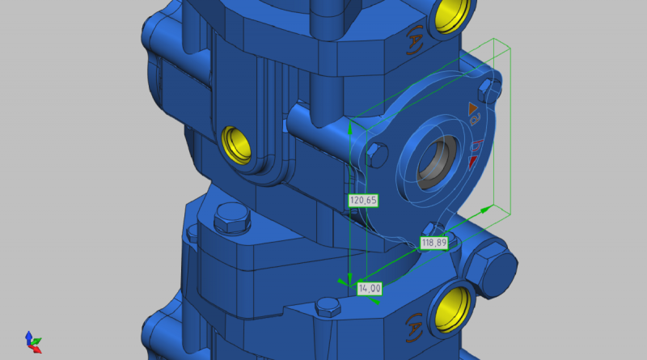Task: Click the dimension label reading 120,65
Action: coord(363,201)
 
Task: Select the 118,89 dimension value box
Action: coord(433,243)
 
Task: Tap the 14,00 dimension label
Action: coord(370,289)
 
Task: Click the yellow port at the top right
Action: coord(452,15)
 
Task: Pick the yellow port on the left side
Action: coord(236,146)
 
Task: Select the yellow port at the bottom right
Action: coord(453,310)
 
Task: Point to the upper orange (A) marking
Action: coord(415,40)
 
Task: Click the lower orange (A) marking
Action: coord(414,328)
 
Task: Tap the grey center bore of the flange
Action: coord(437,165)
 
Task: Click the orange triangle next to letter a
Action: coord(473,109)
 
